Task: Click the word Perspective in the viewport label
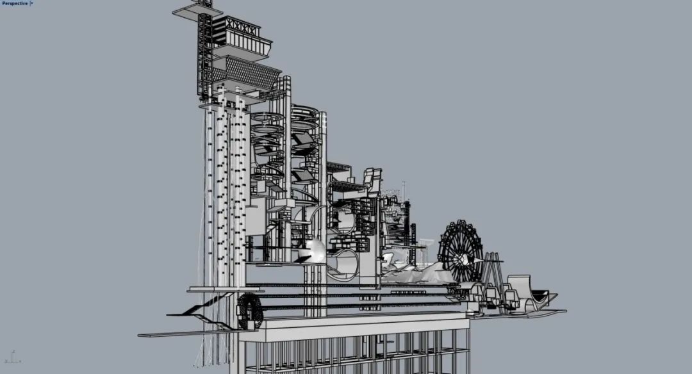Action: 15,3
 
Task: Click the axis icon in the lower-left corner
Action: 13,357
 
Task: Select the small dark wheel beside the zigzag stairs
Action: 250,311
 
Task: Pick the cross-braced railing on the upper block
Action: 241,28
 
